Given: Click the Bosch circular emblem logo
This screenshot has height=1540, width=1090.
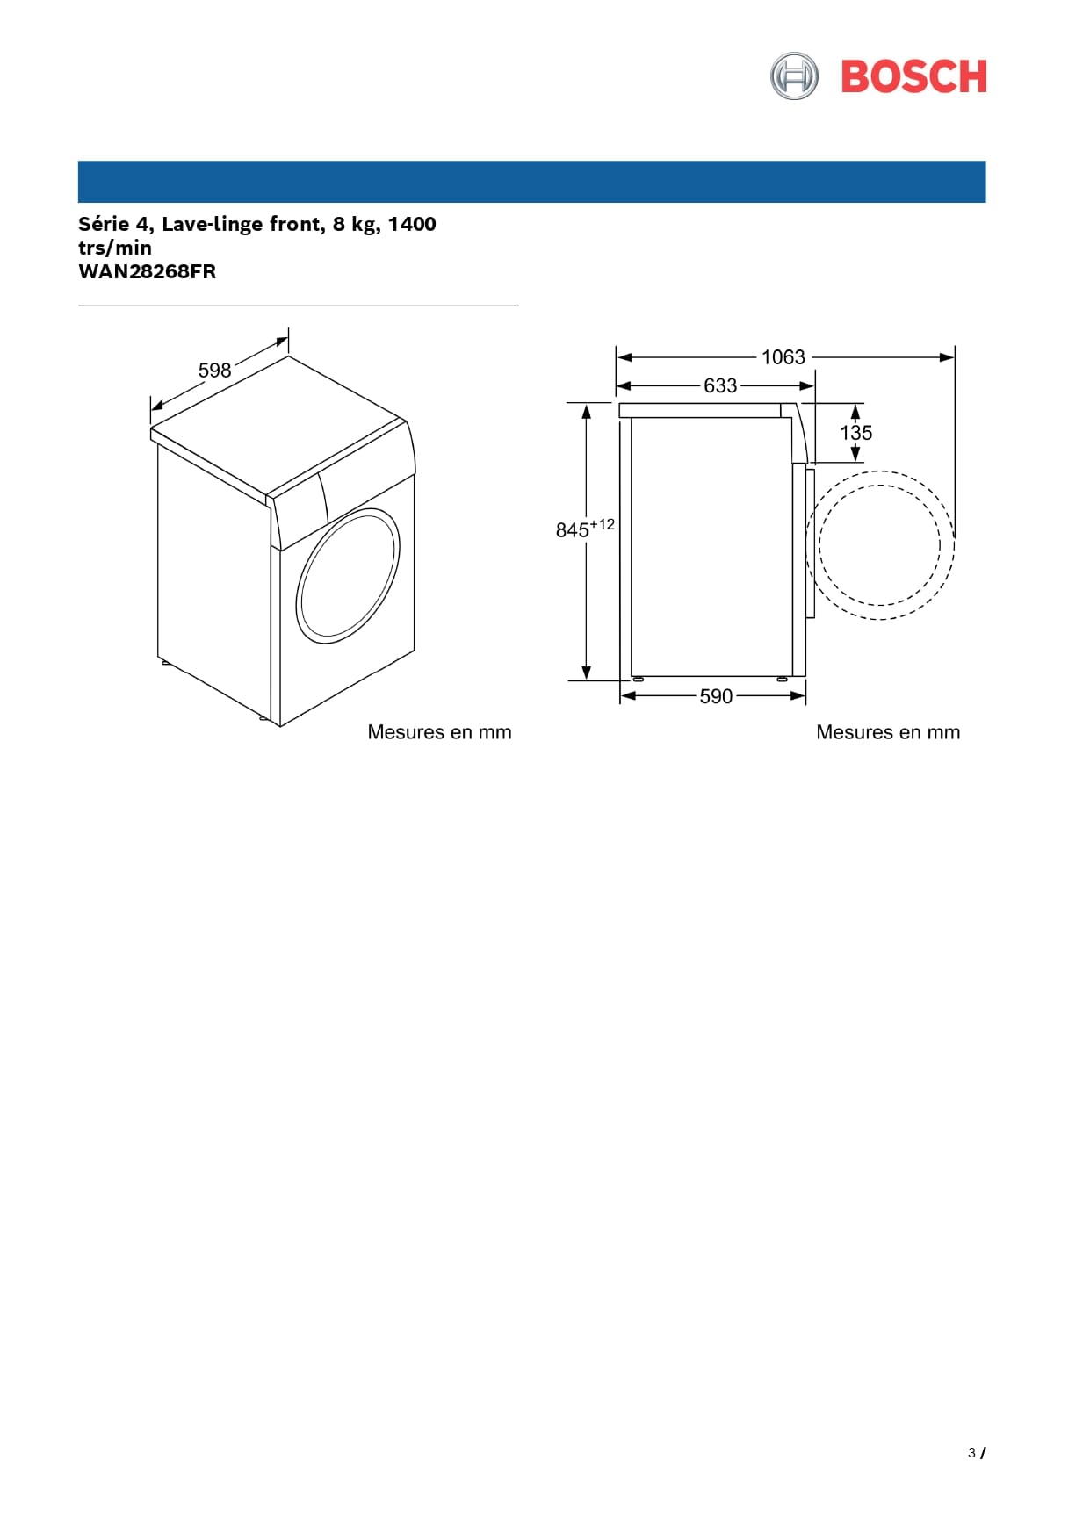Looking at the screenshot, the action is [x=794, y=76].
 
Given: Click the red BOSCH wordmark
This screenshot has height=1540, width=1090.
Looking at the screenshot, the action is [x=913, y=76].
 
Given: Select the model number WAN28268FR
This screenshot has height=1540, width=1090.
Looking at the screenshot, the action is [x=147, y=271].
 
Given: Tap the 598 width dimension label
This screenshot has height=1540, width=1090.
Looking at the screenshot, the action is [x=214, y=371].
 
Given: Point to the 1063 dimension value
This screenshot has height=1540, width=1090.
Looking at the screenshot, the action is [x=783, y=357].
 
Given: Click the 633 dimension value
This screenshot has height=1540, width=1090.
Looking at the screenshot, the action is [x=720, y=385].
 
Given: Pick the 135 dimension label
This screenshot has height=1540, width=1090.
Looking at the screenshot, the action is [x=856, y=433].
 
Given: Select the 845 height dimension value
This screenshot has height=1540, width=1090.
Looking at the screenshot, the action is [x=572, y=530].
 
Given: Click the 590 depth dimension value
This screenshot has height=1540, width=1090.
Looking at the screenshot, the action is [x=716, y=696].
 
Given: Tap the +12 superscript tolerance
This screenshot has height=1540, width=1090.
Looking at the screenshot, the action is [x=603, y=524].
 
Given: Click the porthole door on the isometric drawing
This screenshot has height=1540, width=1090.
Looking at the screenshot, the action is [x=348, y=576].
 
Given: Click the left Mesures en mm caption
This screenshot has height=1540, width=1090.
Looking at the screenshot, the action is [x=439, y=732].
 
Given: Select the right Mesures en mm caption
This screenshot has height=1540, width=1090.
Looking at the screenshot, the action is [x=888, y=732].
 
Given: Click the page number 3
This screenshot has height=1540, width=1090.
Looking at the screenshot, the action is [x=971, y=1453].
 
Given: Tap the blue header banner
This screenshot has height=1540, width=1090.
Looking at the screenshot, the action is [x=531, y=182].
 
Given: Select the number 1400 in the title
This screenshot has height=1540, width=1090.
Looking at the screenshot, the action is [x=412, y=224].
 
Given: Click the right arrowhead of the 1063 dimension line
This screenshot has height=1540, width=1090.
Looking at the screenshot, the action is [x=947, y=357].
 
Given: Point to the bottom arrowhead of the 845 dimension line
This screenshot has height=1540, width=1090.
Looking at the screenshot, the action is [x=586, y=673].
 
